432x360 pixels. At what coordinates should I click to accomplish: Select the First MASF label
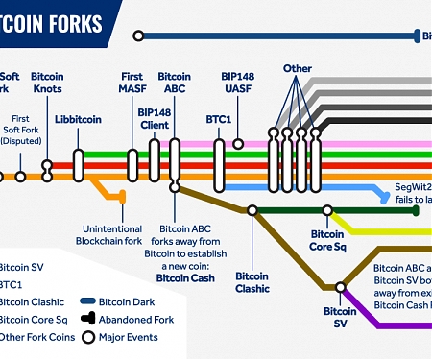pyautogui.click(x=132, y=82)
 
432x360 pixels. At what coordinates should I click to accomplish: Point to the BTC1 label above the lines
pyautogui.click(x=219, y=120)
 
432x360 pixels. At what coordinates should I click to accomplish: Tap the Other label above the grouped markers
pyautogui.click(x=298, y=69)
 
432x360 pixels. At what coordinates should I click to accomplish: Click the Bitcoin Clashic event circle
pyautogui.click(x=252, y=210)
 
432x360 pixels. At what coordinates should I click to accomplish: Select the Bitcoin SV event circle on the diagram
pyautogui.click(x=340, y=286)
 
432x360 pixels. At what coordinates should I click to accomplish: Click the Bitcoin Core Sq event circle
pyautogui.click(x=327, y=210)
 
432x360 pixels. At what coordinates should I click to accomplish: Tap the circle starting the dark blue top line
pyautogui.click(x=138, y=36)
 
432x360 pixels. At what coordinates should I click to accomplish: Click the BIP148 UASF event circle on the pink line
pyautogui.click(x=238, y=144)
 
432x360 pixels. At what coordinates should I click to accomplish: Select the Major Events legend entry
pyautogui.click(x=125, y=337)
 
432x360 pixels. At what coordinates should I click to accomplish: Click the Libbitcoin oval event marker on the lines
pyautogui.click(x=79, y=165)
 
